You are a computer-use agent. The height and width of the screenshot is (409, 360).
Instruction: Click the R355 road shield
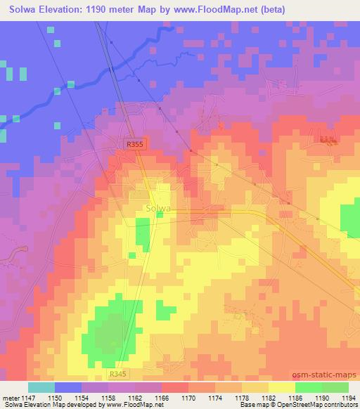point(134,143)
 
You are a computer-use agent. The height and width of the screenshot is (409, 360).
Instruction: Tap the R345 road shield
point(119,377)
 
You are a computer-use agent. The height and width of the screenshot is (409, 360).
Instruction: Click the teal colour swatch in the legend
point(41,387)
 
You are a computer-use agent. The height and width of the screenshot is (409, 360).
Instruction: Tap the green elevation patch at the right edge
point(350,219)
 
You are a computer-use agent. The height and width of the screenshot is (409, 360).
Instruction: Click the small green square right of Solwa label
point(160,215)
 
